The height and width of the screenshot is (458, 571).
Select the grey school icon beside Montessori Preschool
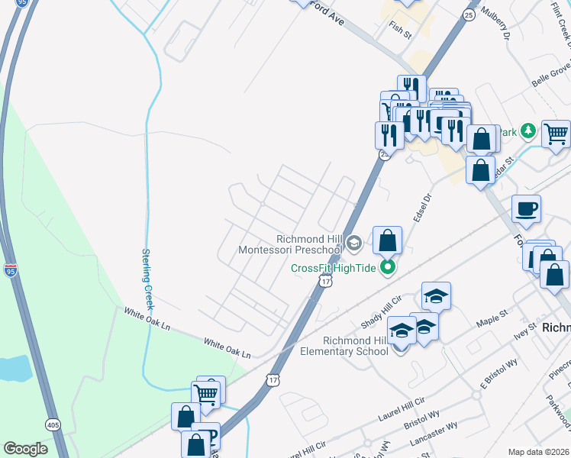353,244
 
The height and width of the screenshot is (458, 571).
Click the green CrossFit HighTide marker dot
388,267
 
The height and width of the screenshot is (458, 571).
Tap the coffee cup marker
526,208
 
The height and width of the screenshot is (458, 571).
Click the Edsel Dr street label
422,206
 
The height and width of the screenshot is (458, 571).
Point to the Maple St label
493,315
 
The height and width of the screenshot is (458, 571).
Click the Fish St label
400,31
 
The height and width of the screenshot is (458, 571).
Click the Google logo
25,449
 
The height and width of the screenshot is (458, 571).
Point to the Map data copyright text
539,452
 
